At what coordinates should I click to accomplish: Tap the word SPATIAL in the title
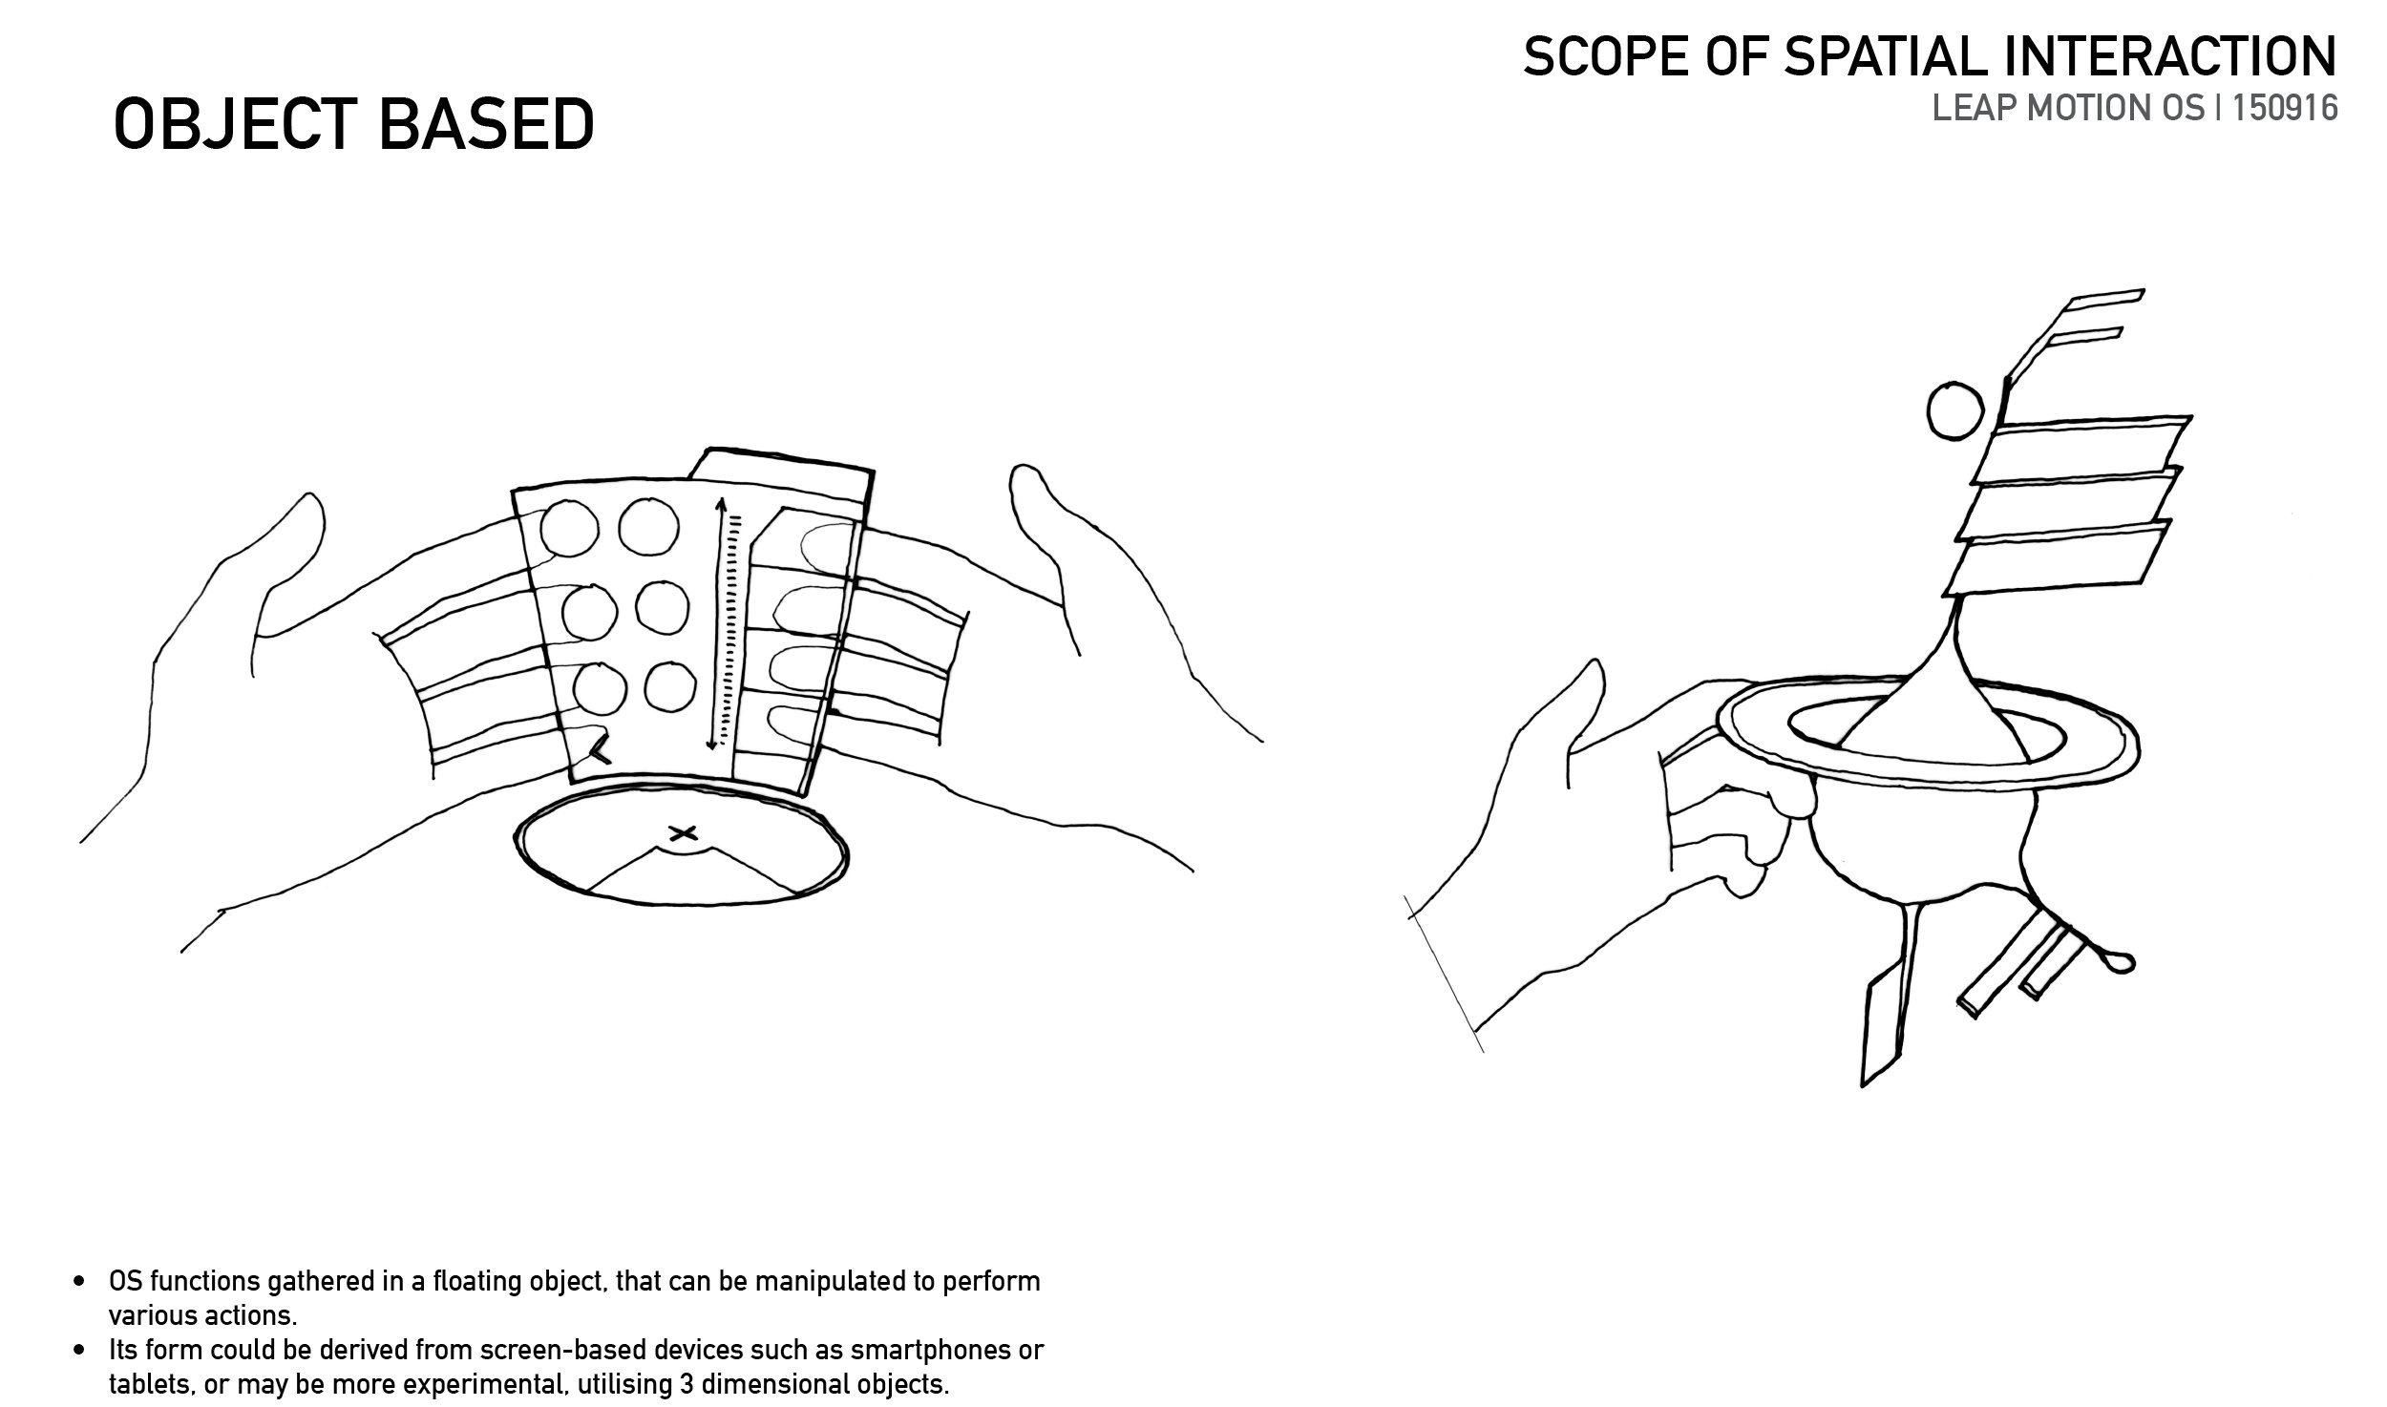[1892, 57]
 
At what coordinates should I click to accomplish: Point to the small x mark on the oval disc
[682, 831]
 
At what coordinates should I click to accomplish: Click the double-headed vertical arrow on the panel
[716, 623]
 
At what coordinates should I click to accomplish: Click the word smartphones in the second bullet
[918, 1351]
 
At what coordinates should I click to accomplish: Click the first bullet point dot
[81, 1282]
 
